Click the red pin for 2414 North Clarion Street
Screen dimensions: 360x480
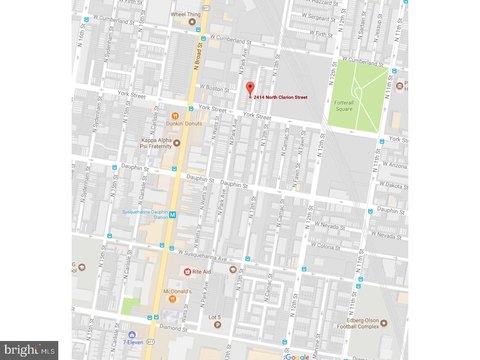(x=249, y=87)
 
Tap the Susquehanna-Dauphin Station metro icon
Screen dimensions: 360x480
(x=172, y=214)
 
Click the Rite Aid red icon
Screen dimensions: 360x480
(x=185, y=271)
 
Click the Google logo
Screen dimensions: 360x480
(x=297, y=354)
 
